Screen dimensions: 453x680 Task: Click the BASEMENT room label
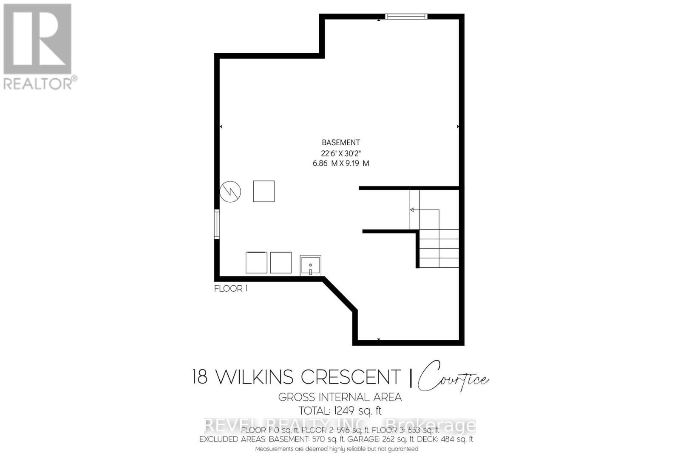click(x=340, y=143)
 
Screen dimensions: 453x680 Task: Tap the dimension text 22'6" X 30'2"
click(x=340, y=153)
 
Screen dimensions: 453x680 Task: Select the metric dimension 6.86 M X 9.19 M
click(x=340, y=163)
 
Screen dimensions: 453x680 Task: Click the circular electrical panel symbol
click(x=230, y=192)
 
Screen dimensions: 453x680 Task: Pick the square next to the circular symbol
click(x=263, y=191)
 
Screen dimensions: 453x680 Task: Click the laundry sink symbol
click(x=310, y=266)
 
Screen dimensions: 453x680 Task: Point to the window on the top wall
click(x=406, y=17)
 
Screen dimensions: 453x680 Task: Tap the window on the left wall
click(x=217, y=224)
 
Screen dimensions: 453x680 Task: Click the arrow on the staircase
click(x=412, y=209)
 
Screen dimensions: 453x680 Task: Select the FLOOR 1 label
click(x=230, y=289)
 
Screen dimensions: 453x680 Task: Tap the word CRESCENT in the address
click(x=351, y=377)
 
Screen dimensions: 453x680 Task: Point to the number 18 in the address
click(x=200, y=377)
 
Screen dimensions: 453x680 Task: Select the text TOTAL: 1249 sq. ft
click(x=340, y=411)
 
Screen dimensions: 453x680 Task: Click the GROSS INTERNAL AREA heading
click(x=340, y=397)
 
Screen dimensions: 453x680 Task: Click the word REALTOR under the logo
click(x=38, y=83)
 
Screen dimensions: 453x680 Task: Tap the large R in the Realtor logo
click(x=37, y=39)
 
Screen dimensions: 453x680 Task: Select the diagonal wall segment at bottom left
click(x=340, y=295)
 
